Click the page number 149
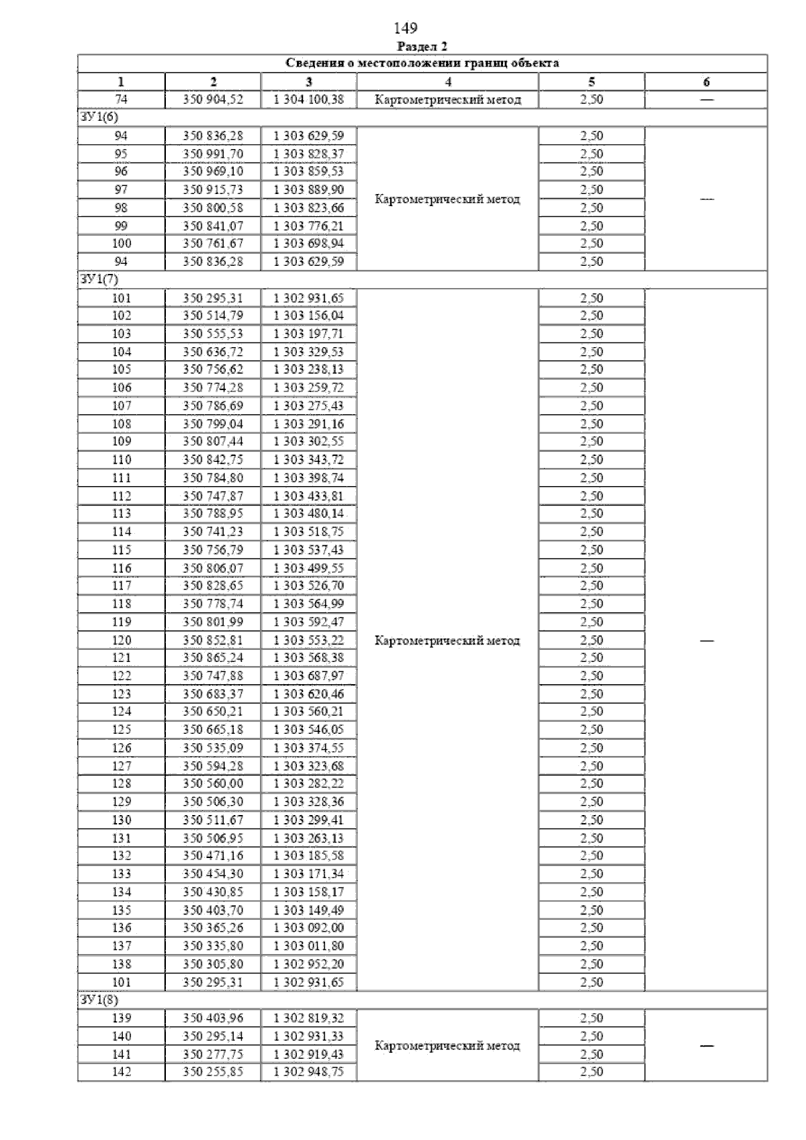tap(405, 28)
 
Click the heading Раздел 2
tap(422, 46)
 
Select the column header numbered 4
tap(448, 82)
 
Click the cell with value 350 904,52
tap(213, 99)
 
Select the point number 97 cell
tap(121, 190)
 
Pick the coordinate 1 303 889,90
tap(308, 190)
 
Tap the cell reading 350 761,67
tap(213, 244)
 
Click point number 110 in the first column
tap(122, 460)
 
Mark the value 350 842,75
tap(213, 460)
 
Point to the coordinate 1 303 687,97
tap(308, 676)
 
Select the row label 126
tap(122, 748)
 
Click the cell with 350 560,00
tap(213, 783)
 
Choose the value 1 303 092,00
tap(308, 928)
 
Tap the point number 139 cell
tap(122, 1018)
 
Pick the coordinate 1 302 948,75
tap(308, 1072)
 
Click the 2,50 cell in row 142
tap(592, 1072)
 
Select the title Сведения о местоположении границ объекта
tap(422, 64)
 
